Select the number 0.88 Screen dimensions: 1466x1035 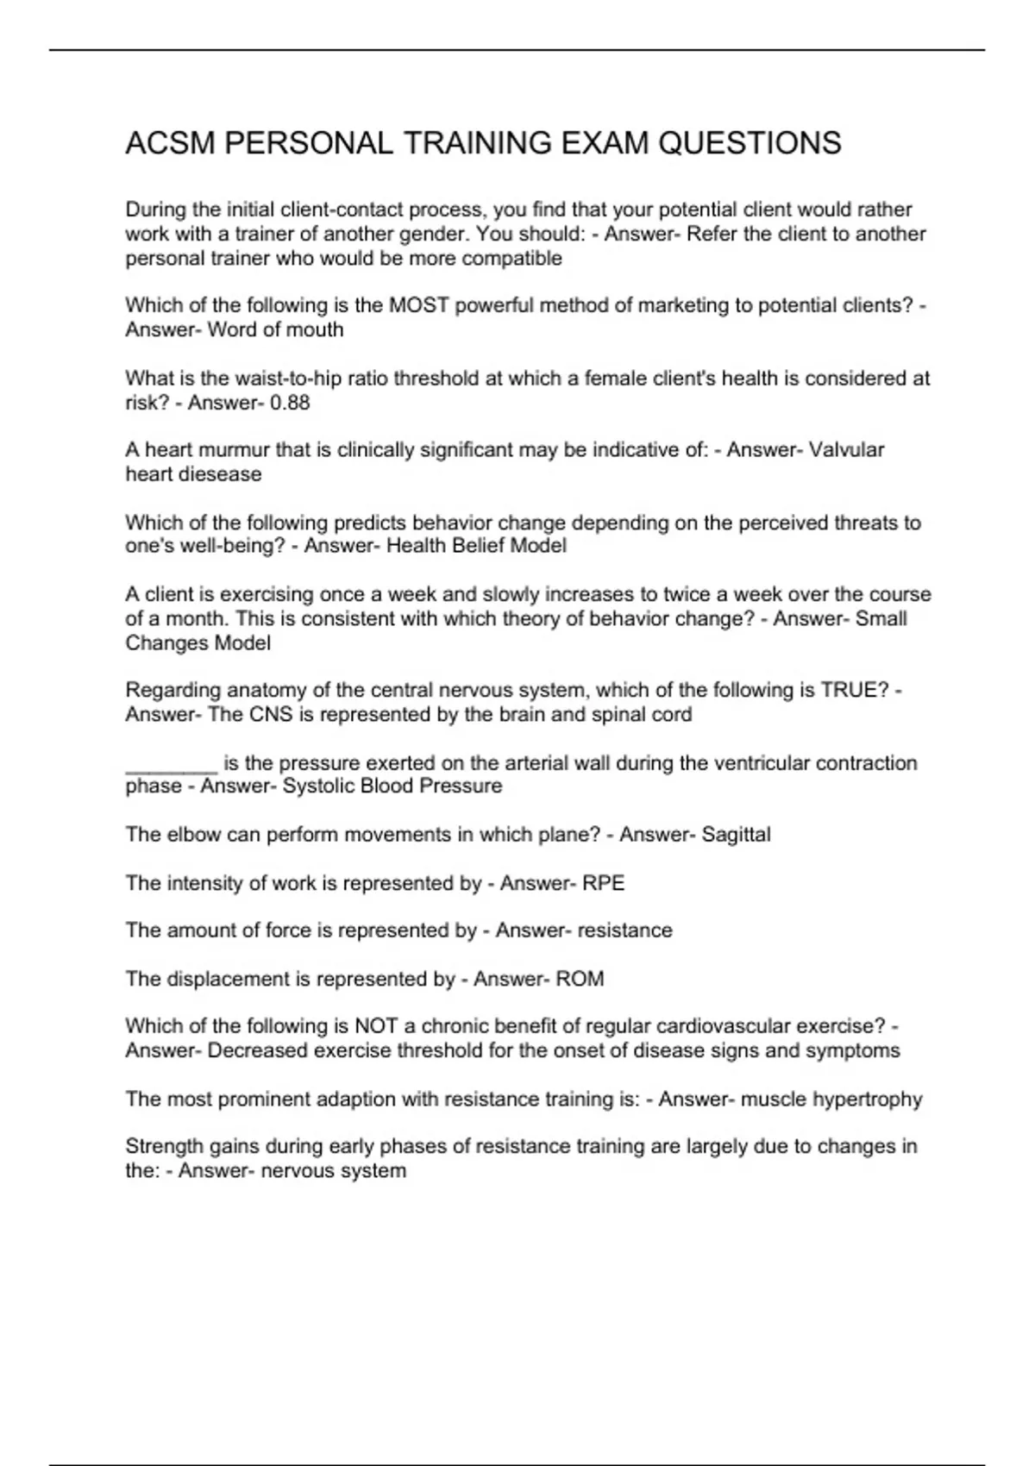(x=290, y=403)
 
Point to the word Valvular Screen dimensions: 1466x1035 (x=846, y=450)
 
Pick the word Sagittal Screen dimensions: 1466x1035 (x=736, y=835)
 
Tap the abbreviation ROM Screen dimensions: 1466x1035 (x=580, y=979)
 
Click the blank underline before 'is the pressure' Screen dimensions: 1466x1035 (x=171, y=764)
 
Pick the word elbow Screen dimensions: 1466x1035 (x=186, y=835)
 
